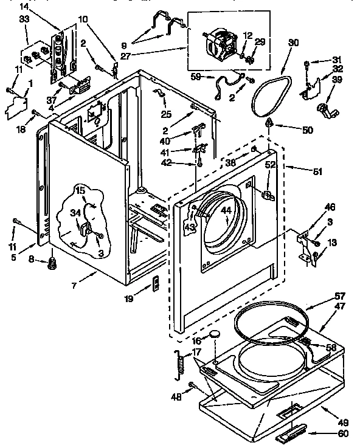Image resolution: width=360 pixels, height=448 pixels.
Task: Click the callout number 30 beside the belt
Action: coord(294,43)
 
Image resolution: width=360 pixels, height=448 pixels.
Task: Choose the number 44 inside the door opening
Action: coord(226,210)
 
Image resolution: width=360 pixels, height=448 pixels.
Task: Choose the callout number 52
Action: coord(270,164)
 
